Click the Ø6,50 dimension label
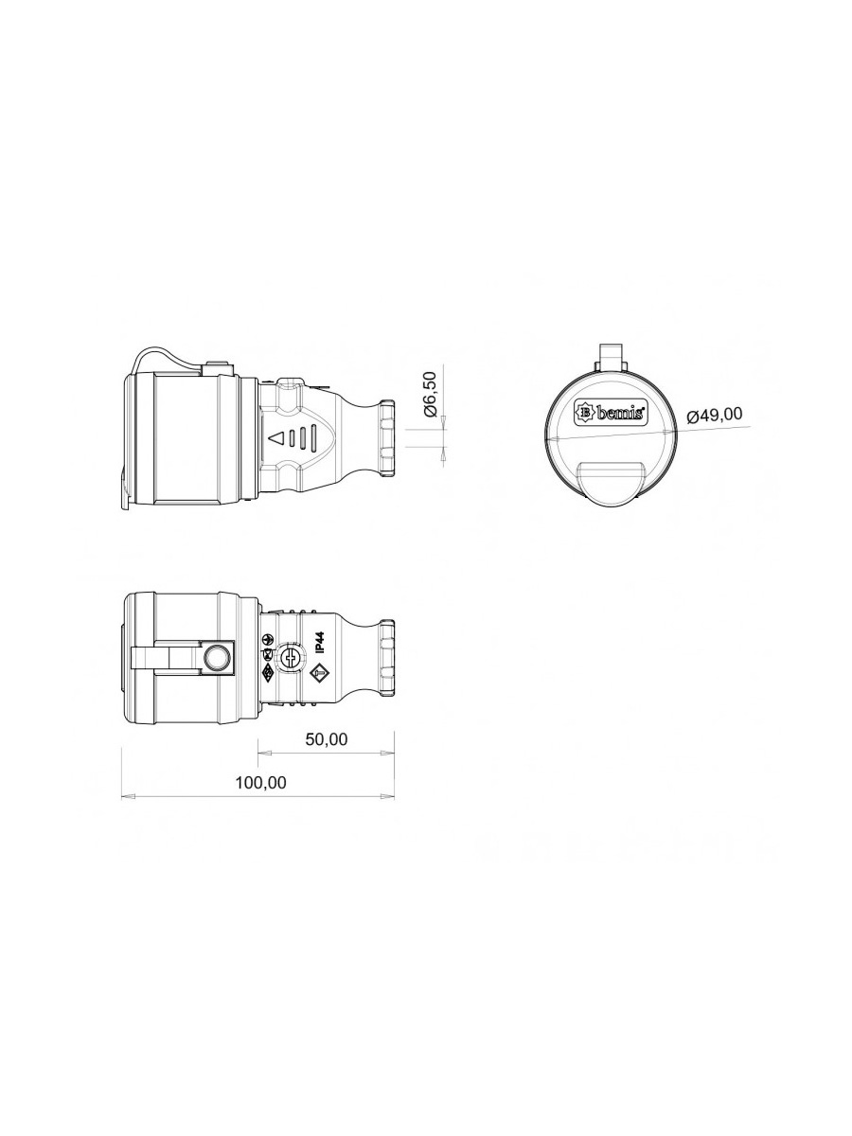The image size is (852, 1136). (431, 395)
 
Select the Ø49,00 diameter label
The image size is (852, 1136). (715, 415)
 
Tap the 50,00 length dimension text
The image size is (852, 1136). (327, 739)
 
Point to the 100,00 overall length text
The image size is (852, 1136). (260, 783)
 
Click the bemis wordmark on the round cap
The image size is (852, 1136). (620, 414)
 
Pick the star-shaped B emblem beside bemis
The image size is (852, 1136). (587, 413)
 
